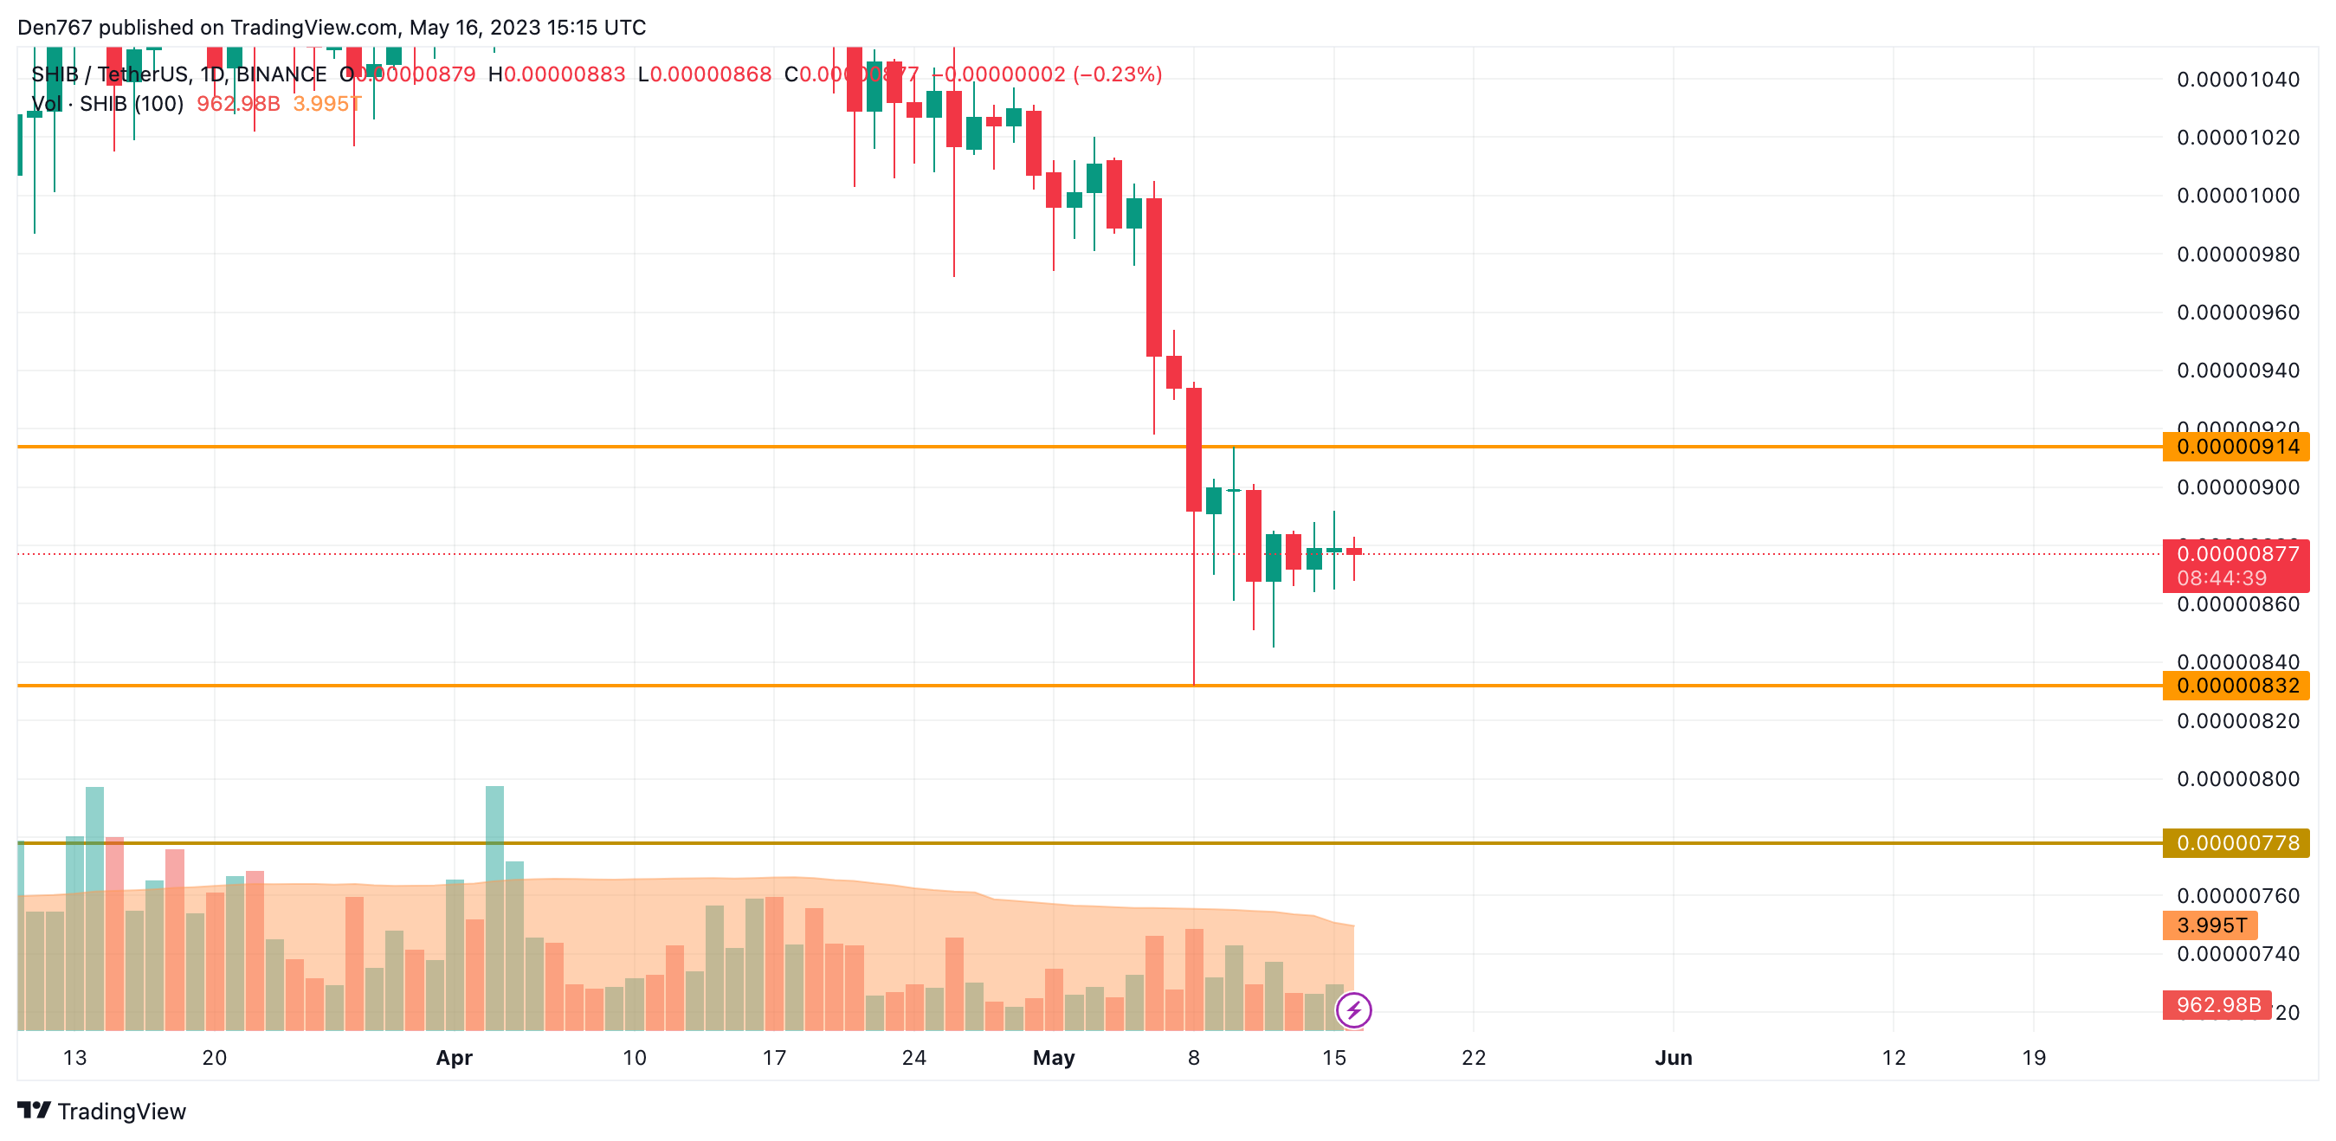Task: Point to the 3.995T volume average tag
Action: click(2210, 925)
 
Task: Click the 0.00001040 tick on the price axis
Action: click(2237, 80)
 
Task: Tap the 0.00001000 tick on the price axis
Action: click(2237, 196)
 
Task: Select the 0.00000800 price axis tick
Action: click(2237, 779)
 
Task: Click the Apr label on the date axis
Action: click(455, 1058)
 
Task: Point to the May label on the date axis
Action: click(1054, 1058)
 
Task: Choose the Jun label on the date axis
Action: click(1673, 1058)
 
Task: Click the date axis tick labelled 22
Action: click(1474, 1058)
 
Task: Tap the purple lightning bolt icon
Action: click(1353, 1009)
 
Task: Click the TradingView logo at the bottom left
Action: click(101, 1111)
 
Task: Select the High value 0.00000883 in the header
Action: click(564, 74)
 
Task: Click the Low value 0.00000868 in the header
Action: click(711, 74)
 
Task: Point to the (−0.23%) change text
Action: click(1117, 74)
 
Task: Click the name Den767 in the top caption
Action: click(55, 27)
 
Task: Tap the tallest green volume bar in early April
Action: click(495, 907)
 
